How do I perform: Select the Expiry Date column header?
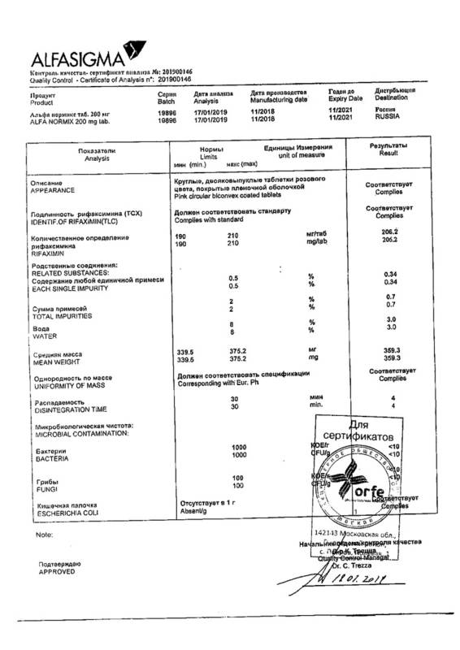[x=340, y=99]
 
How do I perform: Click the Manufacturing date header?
[x=279, y=99]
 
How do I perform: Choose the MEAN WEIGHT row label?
[x=54, y=360]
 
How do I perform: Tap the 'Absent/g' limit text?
[x=192, y=512]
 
